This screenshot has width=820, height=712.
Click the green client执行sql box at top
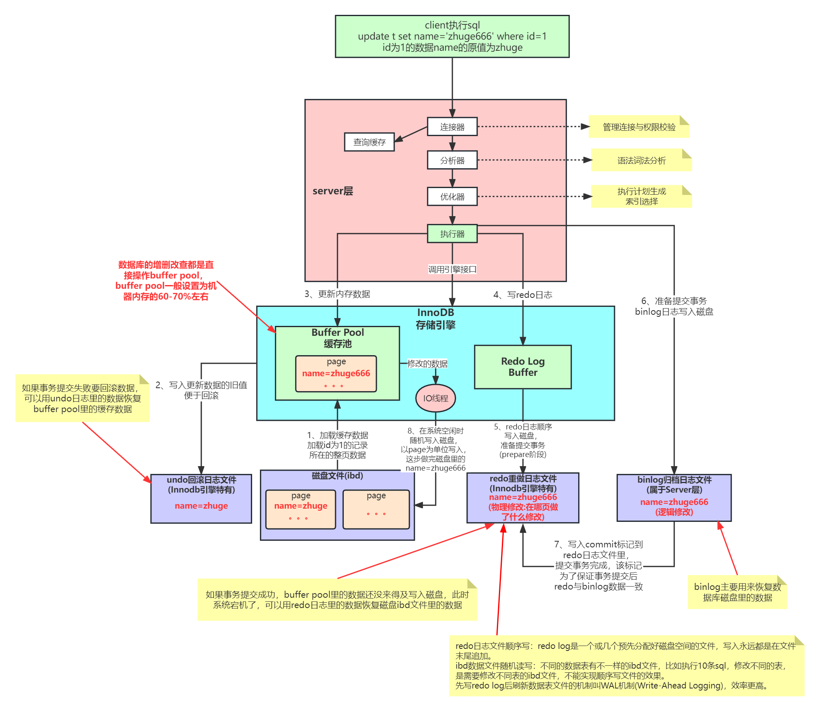click(452, 36)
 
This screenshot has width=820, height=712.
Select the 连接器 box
click(452, 127)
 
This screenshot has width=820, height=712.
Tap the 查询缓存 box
click(369, 142)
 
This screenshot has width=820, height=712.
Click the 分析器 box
click(452, 160)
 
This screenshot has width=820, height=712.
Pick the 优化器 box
click(452, 196)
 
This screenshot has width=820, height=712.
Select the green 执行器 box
click(452, 233)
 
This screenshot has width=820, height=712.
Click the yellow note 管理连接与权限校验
click(638, 127)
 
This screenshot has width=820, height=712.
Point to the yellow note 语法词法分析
click(641, 160)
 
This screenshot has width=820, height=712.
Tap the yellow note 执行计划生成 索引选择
click(641, 196)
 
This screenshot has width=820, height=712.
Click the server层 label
click(333, 191)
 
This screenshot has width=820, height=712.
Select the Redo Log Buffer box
click(522, 367)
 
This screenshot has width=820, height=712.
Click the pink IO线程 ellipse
click(435, 398)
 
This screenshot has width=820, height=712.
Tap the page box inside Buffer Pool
click(336, 373)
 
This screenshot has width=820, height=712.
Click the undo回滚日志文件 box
click(201, 498)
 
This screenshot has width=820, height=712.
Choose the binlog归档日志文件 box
click(673, 497)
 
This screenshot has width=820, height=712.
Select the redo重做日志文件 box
click(522, 497)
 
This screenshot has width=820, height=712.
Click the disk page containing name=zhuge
click(300, 509)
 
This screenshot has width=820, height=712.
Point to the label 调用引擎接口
click(452, 269)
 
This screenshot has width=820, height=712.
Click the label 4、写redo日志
click(522, 295)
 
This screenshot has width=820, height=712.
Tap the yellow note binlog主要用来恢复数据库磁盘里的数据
click(737, 592)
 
